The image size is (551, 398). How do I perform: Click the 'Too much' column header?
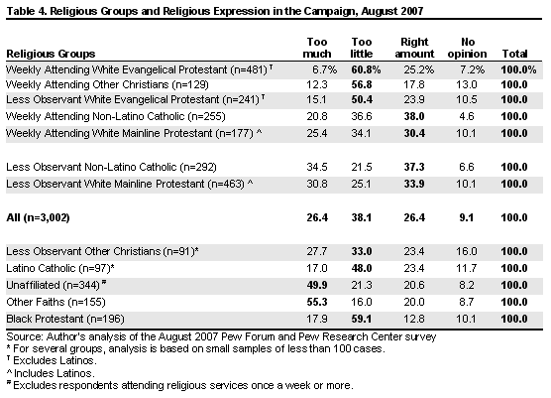[317, 48]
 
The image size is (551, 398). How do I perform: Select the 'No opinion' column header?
[468, 48]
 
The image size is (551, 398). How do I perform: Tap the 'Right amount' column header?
[414, 48]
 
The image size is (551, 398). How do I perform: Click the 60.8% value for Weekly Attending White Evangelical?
[366, 69]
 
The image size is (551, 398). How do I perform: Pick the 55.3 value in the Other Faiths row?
[317, 302]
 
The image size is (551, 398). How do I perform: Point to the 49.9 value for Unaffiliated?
[317, 285]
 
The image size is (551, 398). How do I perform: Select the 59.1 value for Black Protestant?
[362, 319]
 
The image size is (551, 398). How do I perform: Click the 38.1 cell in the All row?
[362, 217]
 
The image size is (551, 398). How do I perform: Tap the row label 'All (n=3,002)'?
[38, 217]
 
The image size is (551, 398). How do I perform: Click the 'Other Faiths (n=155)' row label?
[55, 303]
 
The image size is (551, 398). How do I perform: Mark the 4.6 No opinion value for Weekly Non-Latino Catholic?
[467, 116]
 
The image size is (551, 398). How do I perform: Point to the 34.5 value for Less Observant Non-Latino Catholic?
[317, 167]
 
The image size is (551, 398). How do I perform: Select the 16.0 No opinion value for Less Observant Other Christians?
[467, 251]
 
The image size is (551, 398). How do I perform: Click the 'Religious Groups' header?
[51, 54]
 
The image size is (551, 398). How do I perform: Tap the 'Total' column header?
[514, 54]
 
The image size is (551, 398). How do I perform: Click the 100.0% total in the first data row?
[518, 69]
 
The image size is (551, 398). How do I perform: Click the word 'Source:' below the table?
[25, 336]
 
